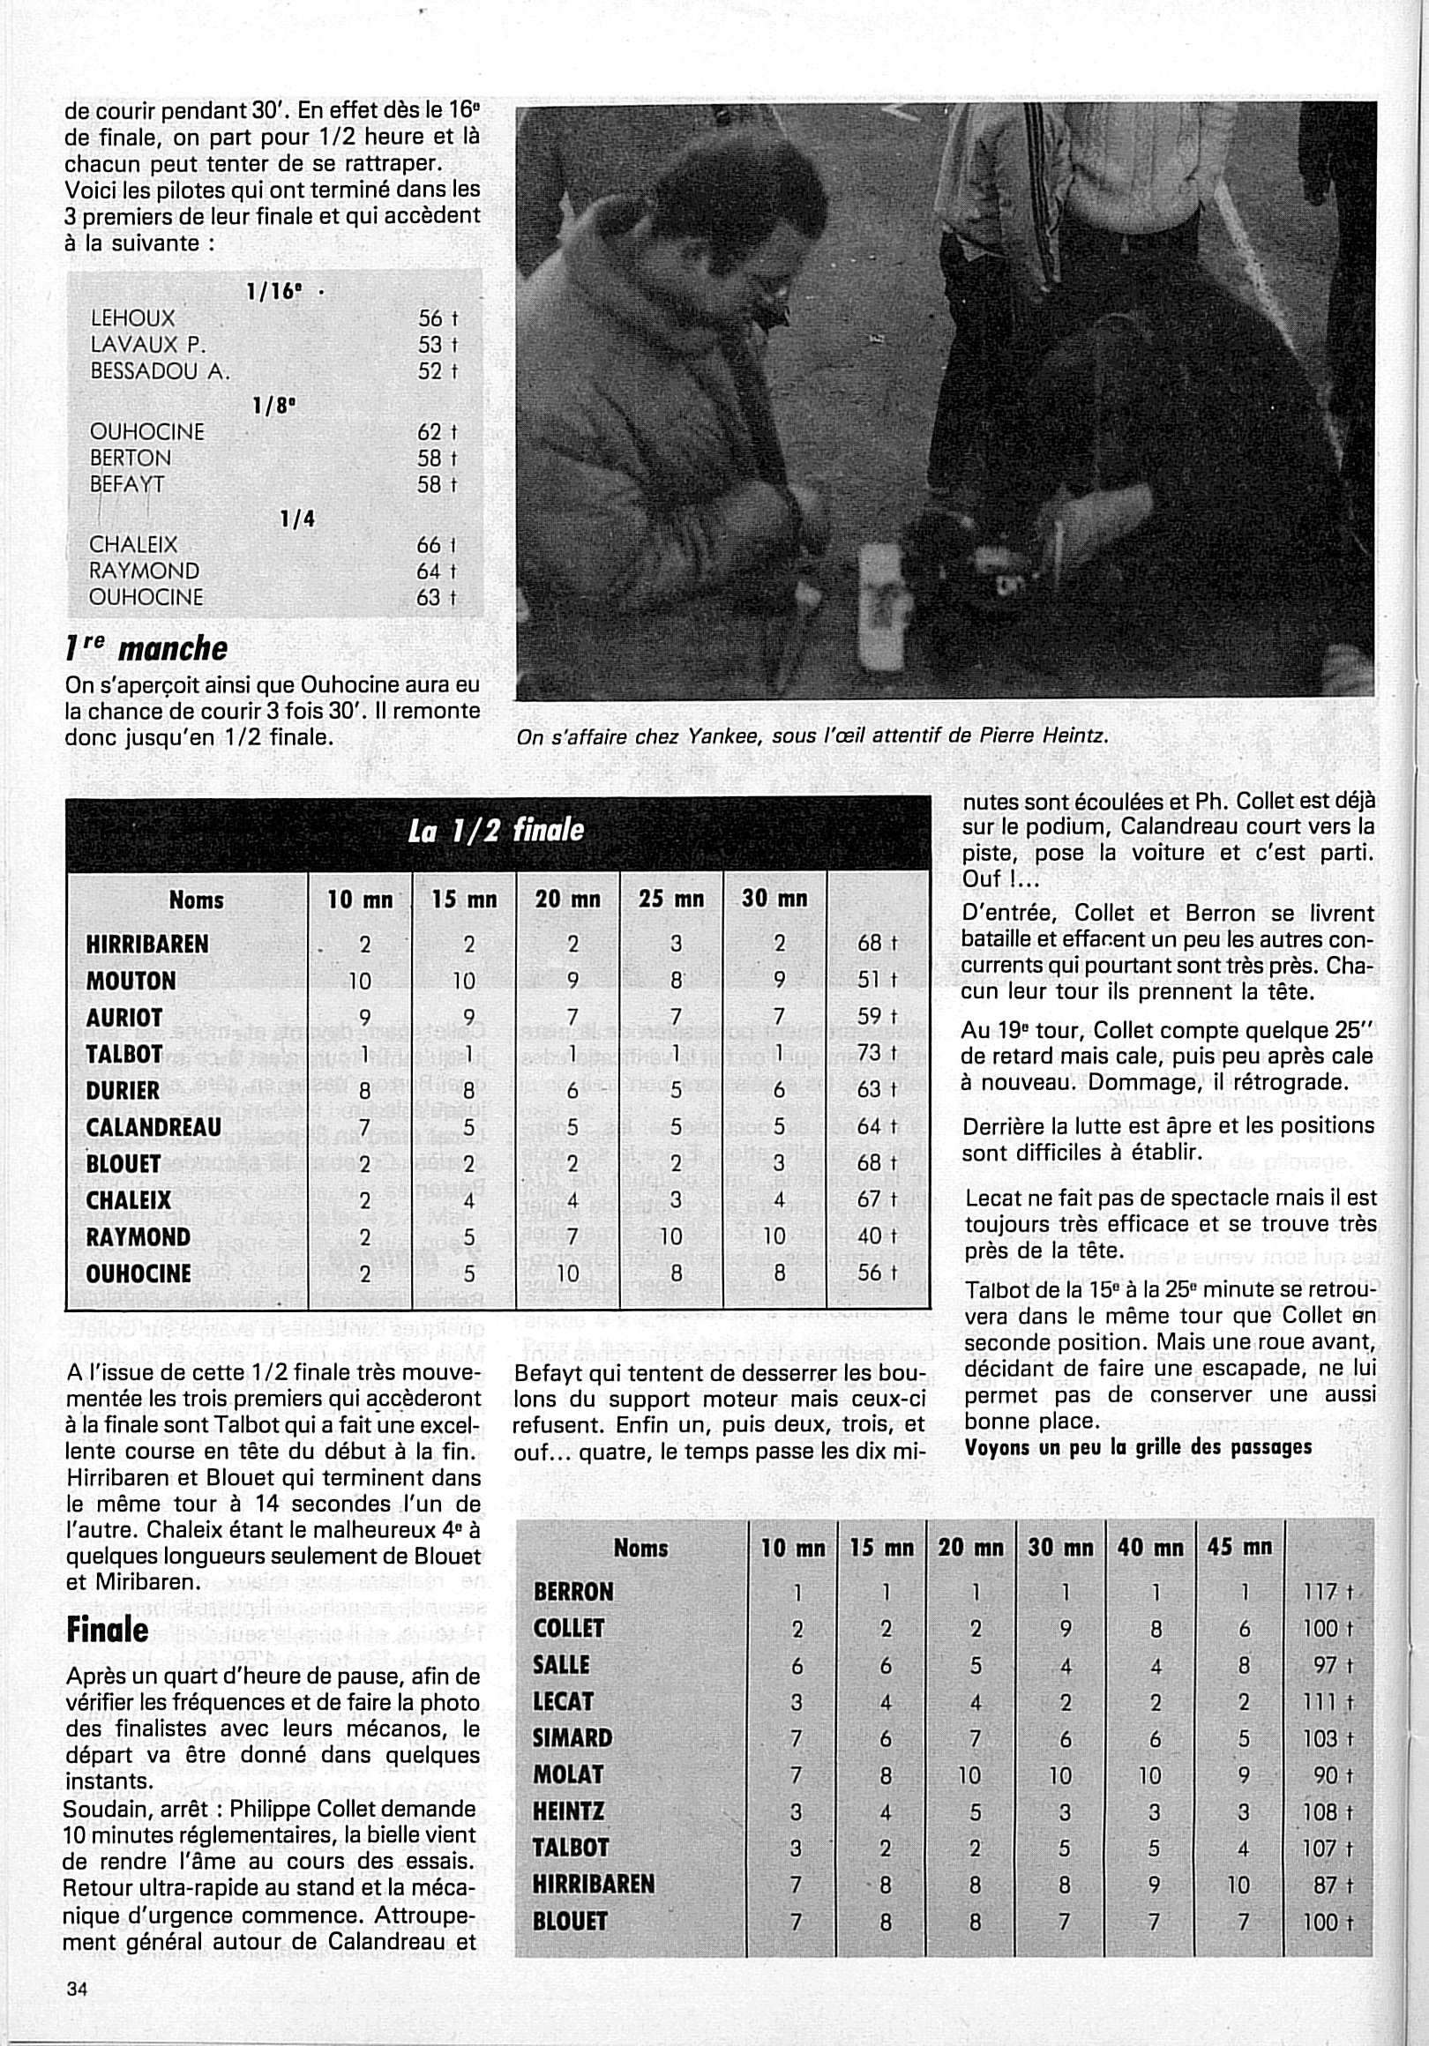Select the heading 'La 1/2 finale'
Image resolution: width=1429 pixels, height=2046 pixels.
click(496, 831)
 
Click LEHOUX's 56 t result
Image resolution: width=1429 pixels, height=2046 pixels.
click(437, 319)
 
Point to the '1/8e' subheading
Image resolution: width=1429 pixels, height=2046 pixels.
click(273, 407)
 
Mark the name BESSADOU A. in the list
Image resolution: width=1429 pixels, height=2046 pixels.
click(161, 370)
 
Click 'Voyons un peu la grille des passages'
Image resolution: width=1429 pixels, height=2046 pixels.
click(1138, 1447)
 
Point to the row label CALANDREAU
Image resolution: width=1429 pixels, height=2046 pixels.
click(153, 1127)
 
